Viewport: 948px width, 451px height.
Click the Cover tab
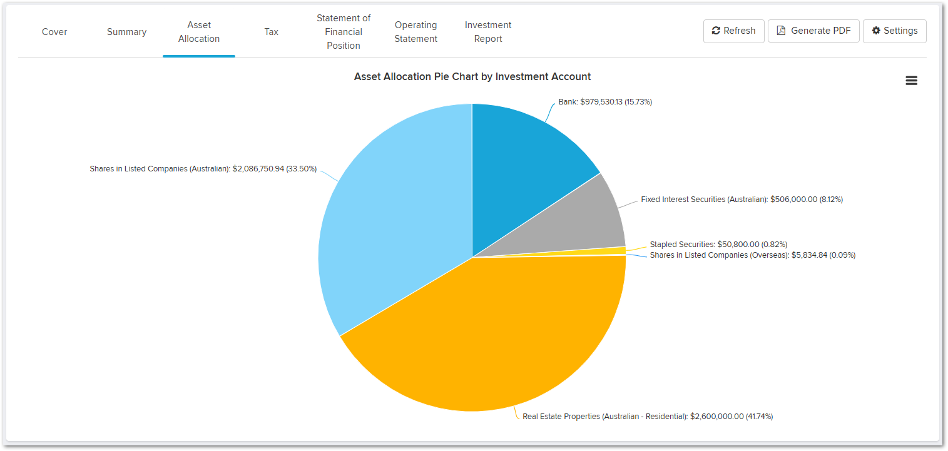[54, 32]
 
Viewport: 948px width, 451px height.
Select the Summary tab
[126, 32]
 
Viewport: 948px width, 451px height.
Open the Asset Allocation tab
[199, 32]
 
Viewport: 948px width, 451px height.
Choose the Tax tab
[272, 32]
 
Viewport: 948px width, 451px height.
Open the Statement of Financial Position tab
[344, 32]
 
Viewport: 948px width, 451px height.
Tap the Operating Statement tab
[415, 32]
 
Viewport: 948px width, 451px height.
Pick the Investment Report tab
[488, 32]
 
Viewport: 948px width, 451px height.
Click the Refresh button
[733, 31]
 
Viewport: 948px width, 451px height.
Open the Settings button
[894, 31]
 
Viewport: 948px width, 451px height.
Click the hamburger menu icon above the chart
[911, 80]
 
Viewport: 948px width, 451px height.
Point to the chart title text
[472, 76]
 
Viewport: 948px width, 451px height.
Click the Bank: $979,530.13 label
[605, 101]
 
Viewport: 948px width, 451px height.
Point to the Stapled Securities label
[718, 244]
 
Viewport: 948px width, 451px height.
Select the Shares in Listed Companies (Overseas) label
[752, 255]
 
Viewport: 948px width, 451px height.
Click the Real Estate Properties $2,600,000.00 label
[648, 416]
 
